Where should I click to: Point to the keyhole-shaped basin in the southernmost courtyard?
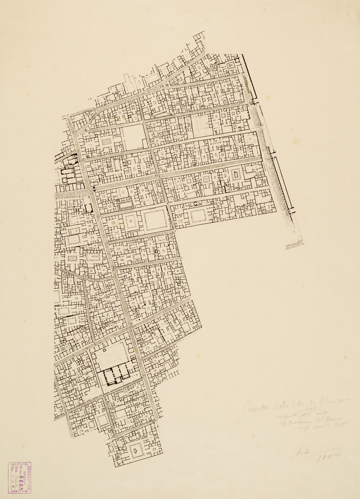click(x=136, y=451)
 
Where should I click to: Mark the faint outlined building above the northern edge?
click(x=133, y=81)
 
